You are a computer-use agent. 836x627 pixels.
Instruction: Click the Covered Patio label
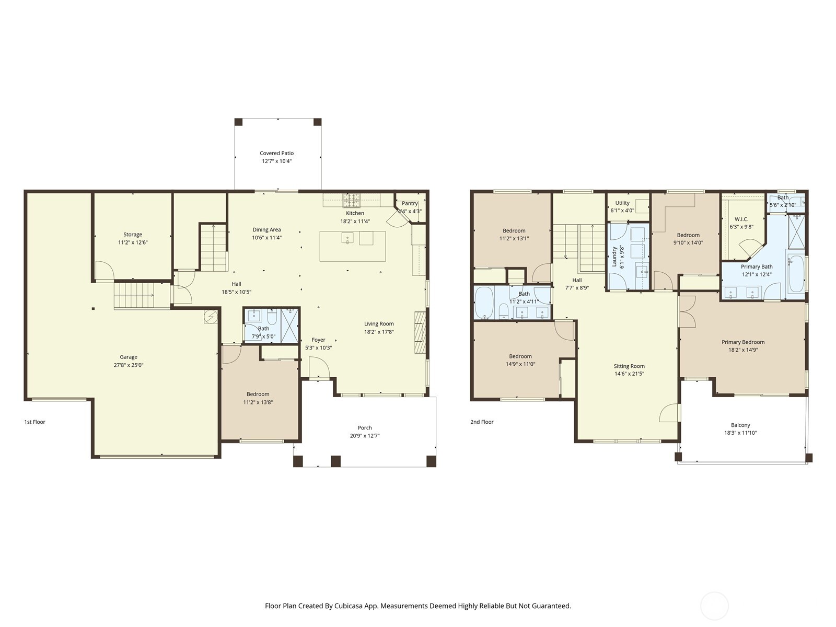pyautogui.click(x=276, y=153)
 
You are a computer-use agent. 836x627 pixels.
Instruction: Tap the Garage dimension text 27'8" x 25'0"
pyautogui.click(x=129, y=365)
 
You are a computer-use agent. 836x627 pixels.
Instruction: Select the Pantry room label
pyautogui.click(x=410, y=203)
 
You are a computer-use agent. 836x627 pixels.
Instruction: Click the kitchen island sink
pyautogui.click(x=347, y=239)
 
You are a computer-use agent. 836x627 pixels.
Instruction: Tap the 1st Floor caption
pyautogui.click(x=34, y=422)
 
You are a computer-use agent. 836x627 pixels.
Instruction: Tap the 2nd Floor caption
pyautogui.click(x=482, y=422)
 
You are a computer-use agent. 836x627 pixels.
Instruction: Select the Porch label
pyautogui.click(x=365, y=427)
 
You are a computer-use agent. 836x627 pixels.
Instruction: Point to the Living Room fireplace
pyautogui.click(x=420, y=333)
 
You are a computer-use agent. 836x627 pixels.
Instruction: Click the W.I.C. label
pyautogui.click(x=741, y=219)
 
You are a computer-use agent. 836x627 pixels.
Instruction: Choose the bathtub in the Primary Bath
pyautogui.click(x=796, y=274)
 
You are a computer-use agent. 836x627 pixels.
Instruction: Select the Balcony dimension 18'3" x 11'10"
pyautogui.click(x=740, y=433)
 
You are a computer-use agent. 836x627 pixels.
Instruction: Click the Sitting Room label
pyautogui.click(x=629, y=366)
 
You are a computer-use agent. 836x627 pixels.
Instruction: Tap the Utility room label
pyautogui.click(x=622, y=203)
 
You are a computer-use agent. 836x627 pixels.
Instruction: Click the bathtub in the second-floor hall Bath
pyautogui.click(x=484, y=303)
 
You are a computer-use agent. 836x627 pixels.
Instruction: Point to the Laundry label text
pyautogui.click(x=614, y=257)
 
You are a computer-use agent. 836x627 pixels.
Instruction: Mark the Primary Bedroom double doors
pyautogui.click(x=688, y=312)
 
